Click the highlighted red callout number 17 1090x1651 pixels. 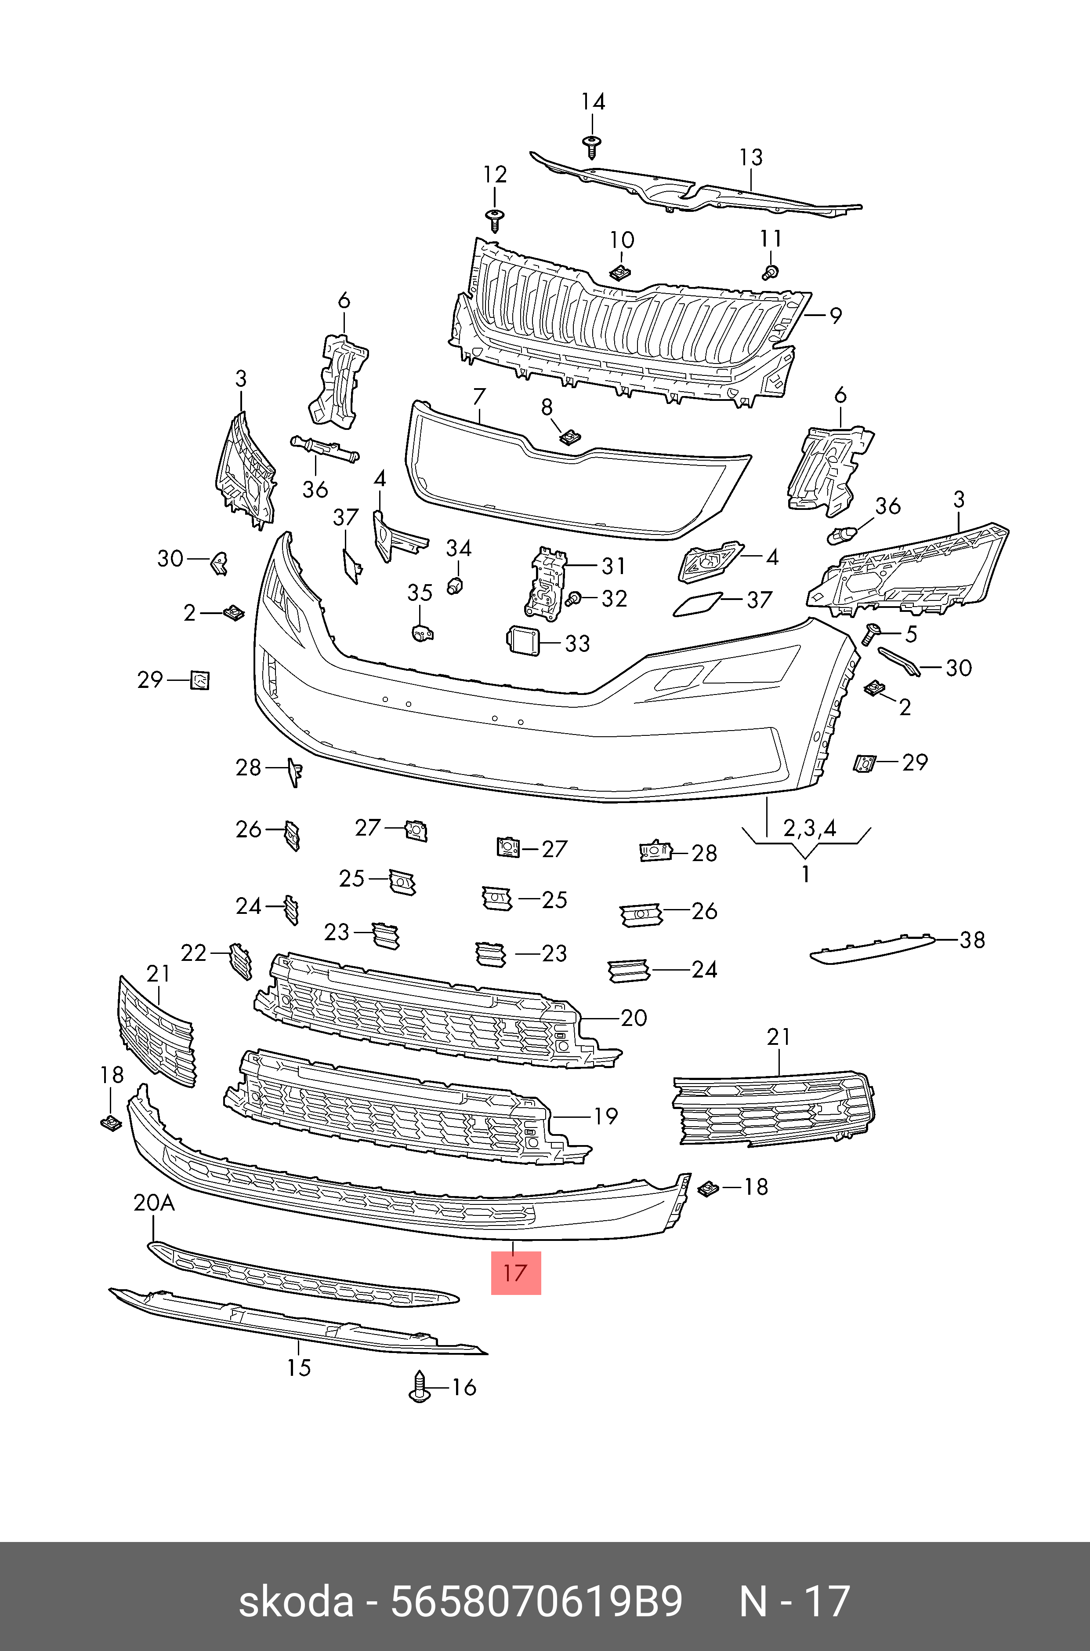click(515, 1273)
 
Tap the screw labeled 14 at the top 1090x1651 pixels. click(592, 145)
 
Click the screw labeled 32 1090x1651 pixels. click(574, 598)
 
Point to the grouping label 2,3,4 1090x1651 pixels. click(809, 828)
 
